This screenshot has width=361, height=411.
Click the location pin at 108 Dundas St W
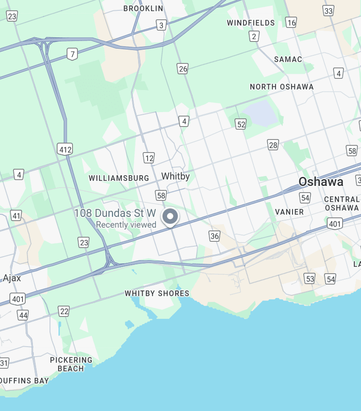pyautogui.click(x=170, y=217)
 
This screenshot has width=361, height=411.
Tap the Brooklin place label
pyautogui.click(x=143, y=9)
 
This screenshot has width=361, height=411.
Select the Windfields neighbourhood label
pyautogui.click(x=251, y=23)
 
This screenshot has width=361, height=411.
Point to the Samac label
pyautogui.click(x=288, y=59)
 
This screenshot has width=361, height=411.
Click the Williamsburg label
pyautogui.click(x=119, y=178)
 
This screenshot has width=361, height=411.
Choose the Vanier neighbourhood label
pyautogui.click(x=289, y=212)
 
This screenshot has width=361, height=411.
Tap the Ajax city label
pyautogui.click(x=12, y=278)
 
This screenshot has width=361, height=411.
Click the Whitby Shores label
pyautogui.click(x=157, y=294)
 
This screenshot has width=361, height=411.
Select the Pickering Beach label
pyautogui.click(x=71, y=364)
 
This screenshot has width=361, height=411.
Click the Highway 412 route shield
pyautogui.click(x=65, y=149)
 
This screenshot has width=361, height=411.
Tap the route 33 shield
pyautogui.click(x=329, y=11)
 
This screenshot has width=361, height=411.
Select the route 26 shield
pyautogui.click(x=182, y=68)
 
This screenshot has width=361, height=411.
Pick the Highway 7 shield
pyautogui.click(x=72, y=54)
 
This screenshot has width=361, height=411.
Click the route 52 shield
pyautogui.click(x=241, y=124)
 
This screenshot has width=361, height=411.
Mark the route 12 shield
pyautogui.click(x=149, y=158)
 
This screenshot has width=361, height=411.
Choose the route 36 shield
pyautogui.click(x=214, y=236)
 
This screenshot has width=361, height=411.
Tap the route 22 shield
pyautogui.click(x=64, y=311)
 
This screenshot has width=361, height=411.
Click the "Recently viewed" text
pyautogui.click(x=126, y=225)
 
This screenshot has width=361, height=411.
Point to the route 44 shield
pyautogui.click(x=23, y=315)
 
